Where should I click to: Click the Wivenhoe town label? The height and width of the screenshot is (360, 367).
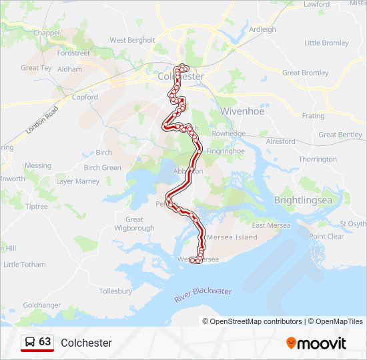coord(242,111)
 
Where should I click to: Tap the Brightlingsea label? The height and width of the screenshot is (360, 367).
coord(303,200)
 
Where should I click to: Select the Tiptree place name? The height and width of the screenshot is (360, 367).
coord(37,207)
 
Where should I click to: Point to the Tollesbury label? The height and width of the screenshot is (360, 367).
coord(115,291)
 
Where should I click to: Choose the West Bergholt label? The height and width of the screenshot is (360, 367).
coord(132,40)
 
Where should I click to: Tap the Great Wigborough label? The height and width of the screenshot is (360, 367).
coord(134,223)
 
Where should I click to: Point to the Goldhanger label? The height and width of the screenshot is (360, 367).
coord(41,305)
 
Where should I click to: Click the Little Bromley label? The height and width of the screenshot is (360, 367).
coord(326,43)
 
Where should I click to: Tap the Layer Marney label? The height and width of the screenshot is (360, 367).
coord(77,181)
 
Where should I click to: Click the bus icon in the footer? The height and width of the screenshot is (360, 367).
coord(29,342)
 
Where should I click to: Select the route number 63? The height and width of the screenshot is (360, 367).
coord(45,342)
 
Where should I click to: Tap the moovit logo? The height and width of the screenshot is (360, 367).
coord(316,343)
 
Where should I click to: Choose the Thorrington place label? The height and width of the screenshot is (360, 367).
coord(318,159)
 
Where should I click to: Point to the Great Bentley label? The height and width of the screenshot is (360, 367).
coord(340,135)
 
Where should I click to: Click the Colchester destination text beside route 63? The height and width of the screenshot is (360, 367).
coord(86,343)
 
